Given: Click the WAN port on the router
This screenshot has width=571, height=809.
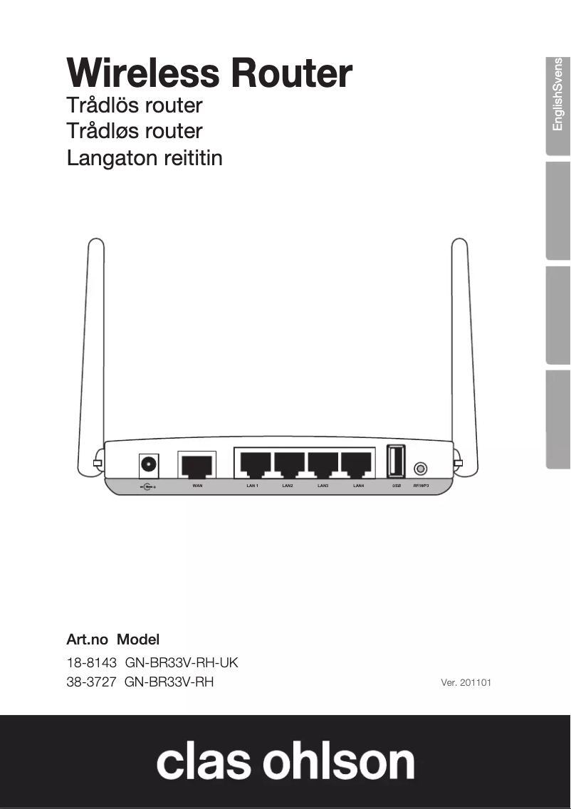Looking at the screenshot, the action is pos(196,466).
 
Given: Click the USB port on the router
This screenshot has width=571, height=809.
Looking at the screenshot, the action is pos(396,461).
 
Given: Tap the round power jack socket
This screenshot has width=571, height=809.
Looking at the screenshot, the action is pos(148,465).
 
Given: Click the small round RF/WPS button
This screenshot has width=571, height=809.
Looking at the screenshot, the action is pos(421,469).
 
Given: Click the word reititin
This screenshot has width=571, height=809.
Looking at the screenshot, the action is pos(193,157).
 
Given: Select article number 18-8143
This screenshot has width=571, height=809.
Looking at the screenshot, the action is pos(91,663).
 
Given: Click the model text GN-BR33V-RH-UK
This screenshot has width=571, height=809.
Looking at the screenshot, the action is pos(182,663).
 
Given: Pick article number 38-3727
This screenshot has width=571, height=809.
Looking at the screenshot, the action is pos(91,682).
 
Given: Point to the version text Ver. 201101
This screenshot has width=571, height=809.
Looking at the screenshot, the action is pos(466,683).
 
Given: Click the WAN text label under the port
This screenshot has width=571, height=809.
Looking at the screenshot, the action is pos(197,486).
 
